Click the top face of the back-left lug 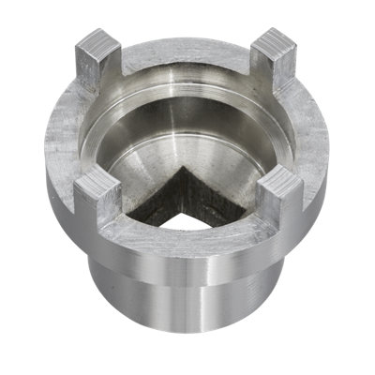(97, 41)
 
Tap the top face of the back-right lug (276, 42)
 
